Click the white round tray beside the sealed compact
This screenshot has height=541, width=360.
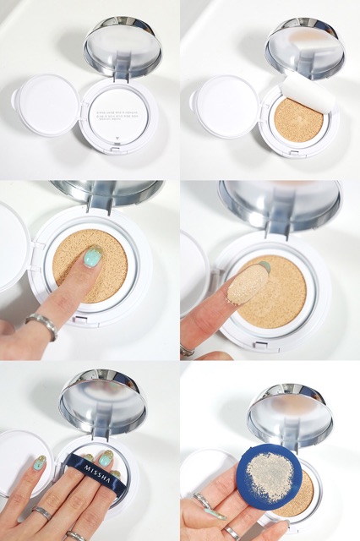[47, 105]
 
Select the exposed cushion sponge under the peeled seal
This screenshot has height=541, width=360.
[292, 119]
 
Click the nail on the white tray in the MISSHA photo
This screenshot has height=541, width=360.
[39, 462]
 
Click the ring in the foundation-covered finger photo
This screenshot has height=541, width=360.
[187, 348]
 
